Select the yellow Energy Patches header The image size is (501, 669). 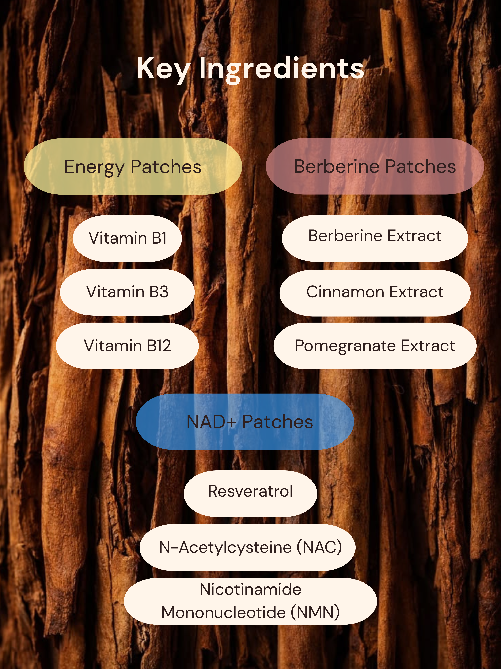click(x=133, y=166)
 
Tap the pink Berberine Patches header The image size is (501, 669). click(x=375, y=166)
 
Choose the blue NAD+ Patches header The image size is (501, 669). click(x=245, y=422)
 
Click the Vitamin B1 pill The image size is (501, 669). click(x=127, y=238)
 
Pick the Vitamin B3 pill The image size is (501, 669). click(x=127, y=292)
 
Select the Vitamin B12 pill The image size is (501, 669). click(x=127, y=346)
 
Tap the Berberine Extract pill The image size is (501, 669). click(x=375, y=238)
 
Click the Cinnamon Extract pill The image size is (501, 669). click(x=375, y=293)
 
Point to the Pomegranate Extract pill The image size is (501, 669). click(x=375, y=346)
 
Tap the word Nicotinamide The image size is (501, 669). click(x=250, y=589)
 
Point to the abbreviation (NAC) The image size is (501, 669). click(x=319, y=547)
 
